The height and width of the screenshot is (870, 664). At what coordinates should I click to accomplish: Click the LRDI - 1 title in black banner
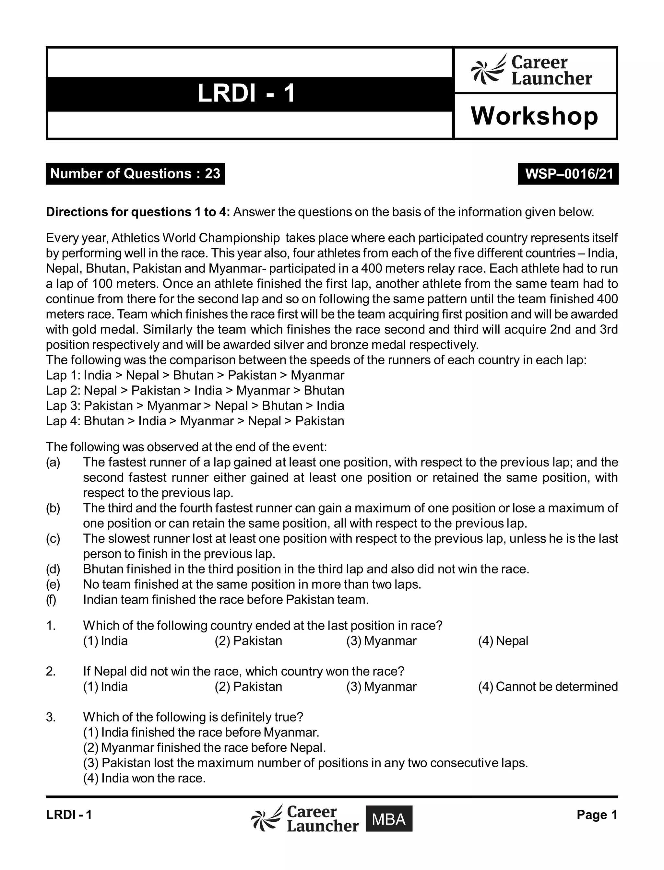(246, 94)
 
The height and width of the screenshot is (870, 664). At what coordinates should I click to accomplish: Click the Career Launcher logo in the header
(532, 70)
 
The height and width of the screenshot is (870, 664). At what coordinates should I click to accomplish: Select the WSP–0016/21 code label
(568, 174)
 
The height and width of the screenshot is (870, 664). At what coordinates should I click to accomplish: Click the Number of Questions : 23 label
(135, 174)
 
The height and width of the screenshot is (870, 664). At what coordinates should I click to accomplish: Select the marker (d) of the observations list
(53, 569)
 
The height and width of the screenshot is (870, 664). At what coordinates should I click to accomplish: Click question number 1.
(51, 626)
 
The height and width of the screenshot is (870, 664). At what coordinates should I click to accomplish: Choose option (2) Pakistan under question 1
(248, 641)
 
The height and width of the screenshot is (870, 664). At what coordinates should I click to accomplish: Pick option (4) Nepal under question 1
(503, 641)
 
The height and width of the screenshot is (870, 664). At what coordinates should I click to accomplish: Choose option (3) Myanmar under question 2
(381, 686)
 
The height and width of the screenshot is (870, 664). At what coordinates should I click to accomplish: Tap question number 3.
(51, 717)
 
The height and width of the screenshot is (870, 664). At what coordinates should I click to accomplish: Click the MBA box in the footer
(388, 819)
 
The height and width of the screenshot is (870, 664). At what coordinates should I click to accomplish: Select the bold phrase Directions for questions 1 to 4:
(137, 212)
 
